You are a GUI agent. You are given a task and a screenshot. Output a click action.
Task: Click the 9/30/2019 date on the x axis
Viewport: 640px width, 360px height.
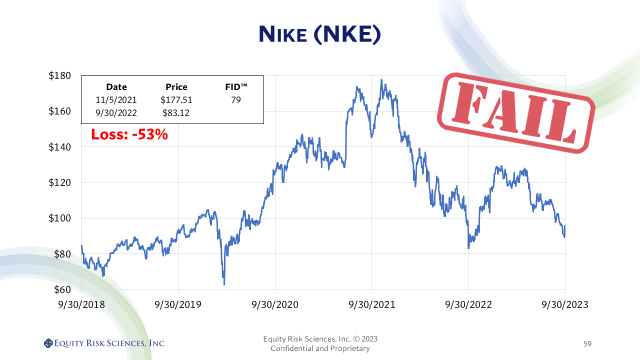tap(178, 304)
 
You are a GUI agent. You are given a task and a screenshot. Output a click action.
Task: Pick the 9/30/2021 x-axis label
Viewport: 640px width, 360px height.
tap(372, 304)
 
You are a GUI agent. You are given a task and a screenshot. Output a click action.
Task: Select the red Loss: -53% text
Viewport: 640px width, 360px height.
tap(129, 134)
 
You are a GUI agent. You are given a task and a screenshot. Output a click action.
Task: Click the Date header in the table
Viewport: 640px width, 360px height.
tap(116, 87)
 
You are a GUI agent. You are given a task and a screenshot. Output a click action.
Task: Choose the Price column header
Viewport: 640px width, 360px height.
tap(176, 87)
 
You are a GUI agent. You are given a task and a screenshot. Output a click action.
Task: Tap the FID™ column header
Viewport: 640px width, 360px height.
tap(236, 87)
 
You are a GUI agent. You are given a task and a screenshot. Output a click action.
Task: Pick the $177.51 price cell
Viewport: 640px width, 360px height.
tap(176, 100)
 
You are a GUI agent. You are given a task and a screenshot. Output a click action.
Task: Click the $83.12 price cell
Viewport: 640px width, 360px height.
tap(176, 112)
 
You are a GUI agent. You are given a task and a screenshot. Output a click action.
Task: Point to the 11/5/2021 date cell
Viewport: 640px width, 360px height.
tap(116, 100)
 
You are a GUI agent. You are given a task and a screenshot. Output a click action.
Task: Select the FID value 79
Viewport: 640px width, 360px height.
tap(236, 100)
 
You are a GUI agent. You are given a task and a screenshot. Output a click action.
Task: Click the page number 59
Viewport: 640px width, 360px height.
tap(587, 344)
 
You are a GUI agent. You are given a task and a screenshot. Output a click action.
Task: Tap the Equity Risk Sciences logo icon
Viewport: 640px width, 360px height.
tap(48, 343)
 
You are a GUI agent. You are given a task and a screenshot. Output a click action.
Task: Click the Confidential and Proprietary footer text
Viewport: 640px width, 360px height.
tap(320, 348)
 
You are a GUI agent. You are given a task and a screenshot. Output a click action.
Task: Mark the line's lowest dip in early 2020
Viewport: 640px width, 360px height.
tap(224, 284)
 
